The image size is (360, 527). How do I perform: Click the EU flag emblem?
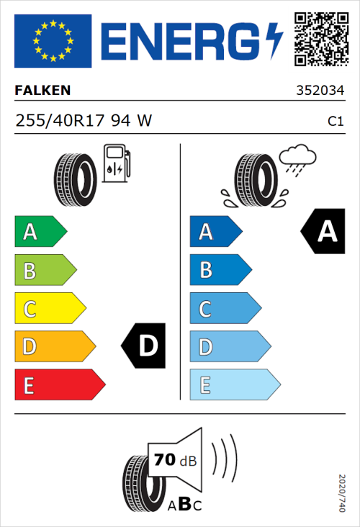pos(53,41)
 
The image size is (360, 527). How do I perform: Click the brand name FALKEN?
pos(43,91)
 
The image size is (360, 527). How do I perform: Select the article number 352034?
pos(319,91)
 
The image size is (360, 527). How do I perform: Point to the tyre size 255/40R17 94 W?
pos(84,121)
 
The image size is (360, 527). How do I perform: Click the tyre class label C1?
pos(335,122)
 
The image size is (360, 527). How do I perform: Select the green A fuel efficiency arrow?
pos(40,232)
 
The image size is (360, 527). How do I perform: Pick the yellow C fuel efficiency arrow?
pos(50,309)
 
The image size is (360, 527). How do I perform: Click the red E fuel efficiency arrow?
pos(59,385)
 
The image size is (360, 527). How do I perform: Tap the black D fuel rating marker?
pos(145,346)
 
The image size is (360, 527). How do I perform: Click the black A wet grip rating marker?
pos(324,232)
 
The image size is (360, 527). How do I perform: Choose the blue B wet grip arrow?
pos(220,270)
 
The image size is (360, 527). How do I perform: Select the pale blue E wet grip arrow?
pos(234,385)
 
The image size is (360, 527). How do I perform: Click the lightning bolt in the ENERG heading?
pos(276,41)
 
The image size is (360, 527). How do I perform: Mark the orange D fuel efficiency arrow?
pos(54,347)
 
